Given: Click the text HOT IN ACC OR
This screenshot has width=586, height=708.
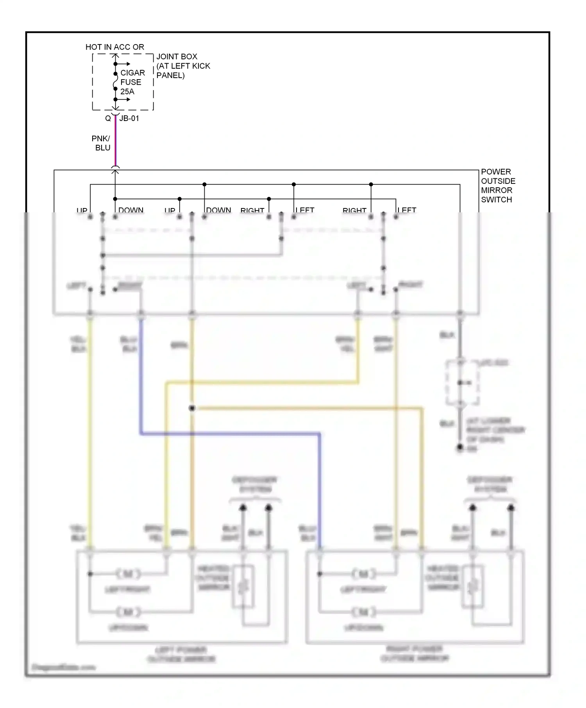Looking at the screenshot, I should coord(114,47).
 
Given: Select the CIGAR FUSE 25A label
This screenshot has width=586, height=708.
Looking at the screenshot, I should coord(132,82).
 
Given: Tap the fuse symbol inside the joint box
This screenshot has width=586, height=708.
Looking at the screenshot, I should coord(115,82).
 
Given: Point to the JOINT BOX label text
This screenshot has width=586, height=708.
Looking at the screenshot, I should coord(183,66).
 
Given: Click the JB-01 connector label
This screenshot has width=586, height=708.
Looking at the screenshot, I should coord(129,118).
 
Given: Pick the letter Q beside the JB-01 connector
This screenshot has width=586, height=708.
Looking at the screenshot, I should coord(108,118).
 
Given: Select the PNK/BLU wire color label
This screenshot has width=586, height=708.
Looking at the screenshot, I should coord(101,143).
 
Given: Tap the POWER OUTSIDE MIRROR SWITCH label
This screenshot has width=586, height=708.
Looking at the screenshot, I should coord(498,186).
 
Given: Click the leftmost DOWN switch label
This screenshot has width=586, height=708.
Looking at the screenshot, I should coord(131,210).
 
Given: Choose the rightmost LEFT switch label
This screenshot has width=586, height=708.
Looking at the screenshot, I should coord(407,210).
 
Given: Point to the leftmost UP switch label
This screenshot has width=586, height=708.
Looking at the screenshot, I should coord(82,210).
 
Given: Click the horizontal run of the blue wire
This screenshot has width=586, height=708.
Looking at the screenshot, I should coord(230,433).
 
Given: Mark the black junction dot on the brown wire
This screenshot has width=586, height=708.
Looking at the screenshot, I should coord(192,408).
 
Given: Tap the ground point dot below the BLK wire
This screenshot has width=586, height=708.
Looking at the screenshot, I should coord(460,448).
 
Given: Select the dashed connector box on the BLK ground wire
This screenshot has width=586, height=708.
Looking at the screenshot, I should coord(462,383).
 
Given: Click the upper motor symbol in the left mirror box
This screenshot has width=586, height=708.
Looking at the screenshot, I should coord(128,574).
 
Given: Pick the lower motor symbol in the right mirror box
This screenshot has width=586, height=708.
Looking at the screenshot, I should coord(363,612).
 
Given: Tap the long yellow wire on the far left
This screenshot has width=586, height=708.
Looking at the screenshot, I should coord(90,429).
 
